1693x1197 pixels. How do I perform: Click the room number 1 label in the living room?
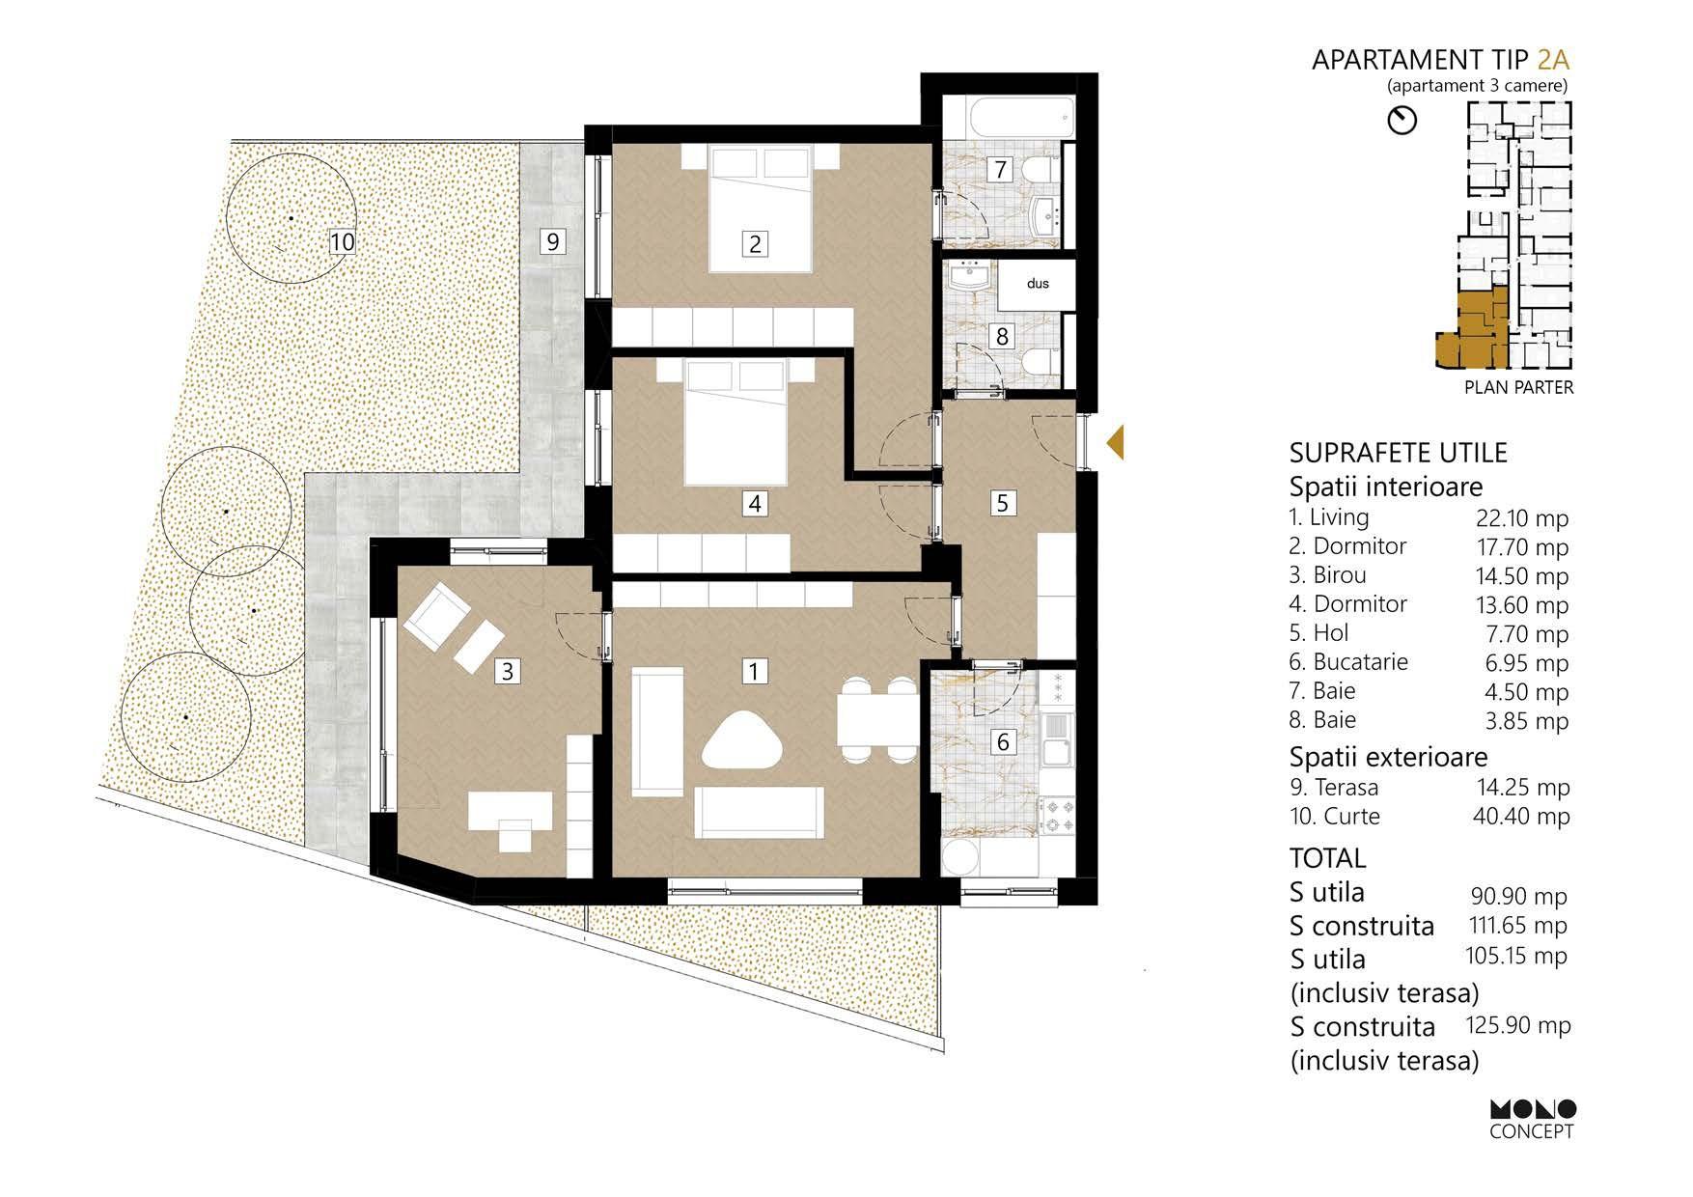tap(755, 670)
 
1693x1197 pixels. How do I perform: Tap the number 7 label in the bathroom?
tap(1001, 170)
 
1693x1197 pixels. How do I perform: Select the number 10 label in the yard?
tap(343, 240)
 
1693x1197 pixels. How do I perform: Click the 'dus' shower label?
tap(1038, 284)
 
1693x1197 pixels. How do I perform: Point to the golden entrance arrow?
tap(1114, 441)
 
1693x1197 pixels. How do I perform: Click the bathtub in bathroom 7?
tap(1008, 118)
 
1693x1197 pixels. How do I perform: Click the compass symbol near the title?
tap(1402, 120)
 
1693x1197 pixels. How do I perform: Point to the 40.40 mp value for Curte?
tap(1521, 817)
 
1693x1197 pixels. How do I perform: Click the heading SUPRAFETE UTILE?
tap(1398, 453)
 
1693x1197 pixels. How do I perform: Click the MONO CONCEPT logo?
tap(1532, 1120)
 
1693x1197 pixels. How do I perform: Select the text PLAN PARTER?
tap(1518, 387)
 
